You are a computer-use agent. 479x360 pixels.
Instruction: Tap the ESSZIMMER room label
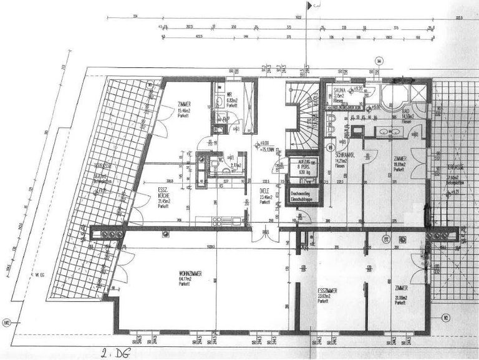tap(327, 290)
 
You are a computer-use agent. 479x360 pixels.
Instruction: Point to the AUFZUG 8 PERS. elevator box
tap(303, 170)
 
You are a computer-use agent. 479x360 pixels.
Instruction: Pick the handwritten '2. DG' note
tap(114, 353)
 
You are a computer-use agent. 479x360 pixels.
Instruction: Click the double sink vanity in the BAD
tap(390, 132)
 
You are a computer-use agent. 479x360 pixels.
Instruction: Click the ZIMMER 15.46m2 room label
tap(184, 104)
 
